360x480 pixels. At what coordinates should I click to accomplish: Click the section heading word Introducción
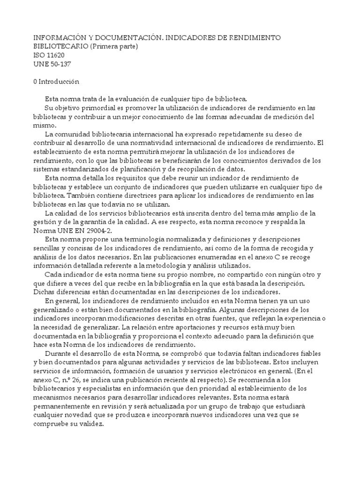(x=60, y=82)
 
